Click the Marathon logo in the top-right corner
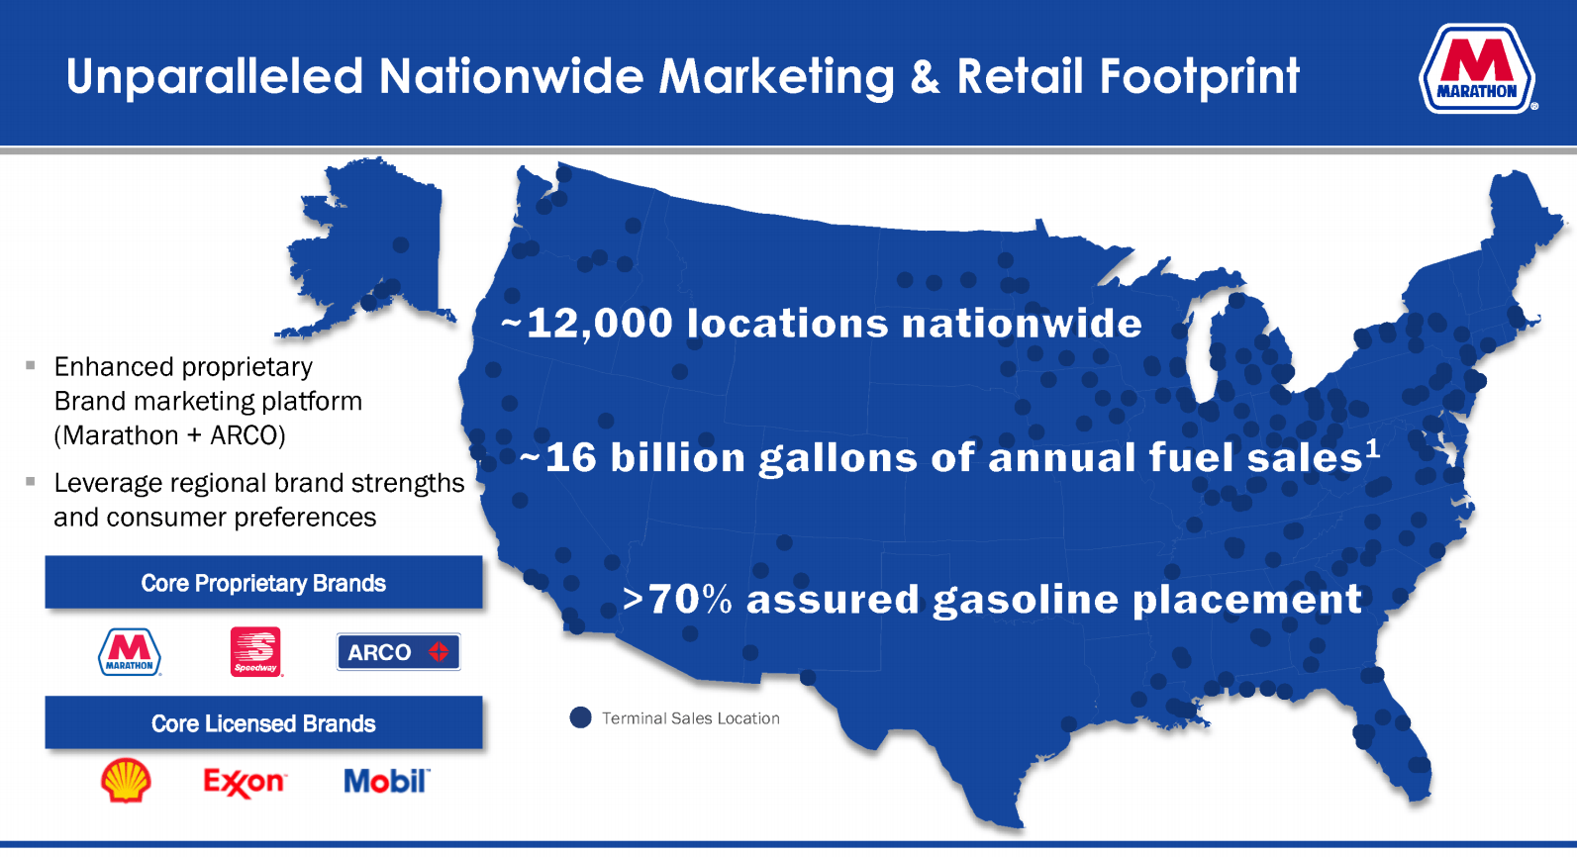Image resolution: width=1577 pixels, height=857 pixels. [1477, 68]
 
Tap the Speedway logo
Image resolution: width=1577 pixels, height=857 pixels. [256, 651]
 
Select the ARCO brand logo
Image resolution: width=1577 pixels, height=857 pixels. [399, 651]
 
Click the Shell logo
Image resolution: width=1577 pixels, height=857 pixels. [126, 780]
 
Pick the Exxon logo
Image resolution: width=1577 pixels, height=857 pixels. [245, 782]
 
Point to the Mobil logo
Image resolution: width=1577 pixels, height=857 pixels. [386, 781]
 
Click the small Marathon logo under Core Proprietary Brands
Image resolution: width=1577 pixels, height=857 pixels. [130, 652]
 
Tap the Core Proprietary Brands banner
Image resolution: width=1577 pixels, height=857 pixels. [264, 583]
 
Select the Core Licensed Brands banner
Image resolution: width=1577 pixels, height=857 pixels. [264, 722]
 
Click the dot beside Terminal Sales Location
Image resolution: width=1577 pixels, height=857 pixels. [580, 717]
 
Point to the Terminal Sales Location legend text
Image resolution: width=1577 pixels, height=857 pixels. [691, 718]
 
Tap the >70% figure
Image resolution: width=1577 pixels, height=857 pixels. [677, 599]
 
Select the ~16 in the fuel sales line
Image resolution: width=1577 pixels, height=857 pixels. [558, 457]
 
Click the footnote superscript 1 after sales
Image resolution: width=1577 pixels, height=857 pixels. [1372, 448]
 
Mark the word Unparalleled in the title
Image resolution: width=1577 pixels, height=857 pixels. [215, 76]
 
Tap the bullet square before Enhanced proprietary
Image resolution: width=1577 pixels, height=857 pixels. [31, 364]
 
